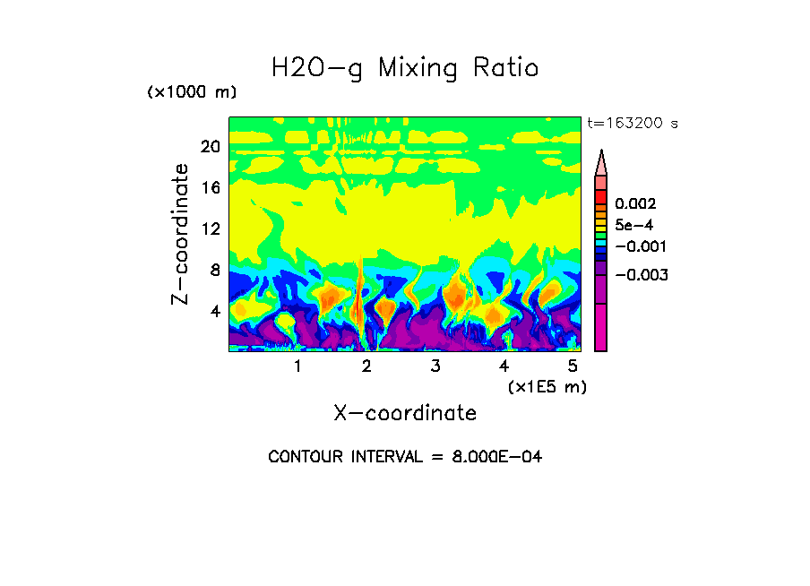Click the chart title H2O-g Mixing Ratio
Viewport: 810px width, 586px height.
(x=405, y=68)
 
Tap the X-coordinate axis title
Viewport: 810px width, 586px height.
(x=405, y=413)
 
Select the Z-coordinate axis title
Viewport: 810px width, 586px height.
(x=181, y=234)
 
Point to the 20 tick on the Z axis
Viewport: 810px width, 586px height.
(x=210, y=147)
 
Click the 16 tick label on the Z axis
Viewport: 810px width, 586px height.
(x=210, y=188)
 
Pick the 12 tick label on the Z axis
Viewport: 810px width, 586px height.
(x=210, y=229)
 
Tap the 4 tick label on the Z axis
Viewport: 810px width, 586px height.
(x=214, y=312)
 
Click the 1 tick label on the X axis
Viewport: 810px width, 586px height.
(x=297, y=366)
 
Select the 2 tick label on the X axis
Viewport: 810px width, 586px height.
(x=366, y=366)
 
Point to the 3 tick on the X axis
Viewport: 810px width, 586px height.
(x=435, y=366)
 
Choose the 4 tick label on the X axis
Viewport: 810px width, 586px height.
(x=504, y=366)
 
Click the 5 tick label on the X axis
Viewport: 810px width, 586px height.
(x=573, y=366)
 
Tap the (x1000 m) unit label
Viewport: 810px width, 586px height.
(x=191, y=93)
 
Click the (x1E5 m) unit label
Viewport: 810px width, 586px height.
(x=547, y=386)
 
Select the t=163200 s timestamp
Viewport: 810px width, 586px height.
(x=632, y=124)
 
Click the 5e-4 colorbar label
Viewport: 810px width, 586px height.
(x=633, y=225)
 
